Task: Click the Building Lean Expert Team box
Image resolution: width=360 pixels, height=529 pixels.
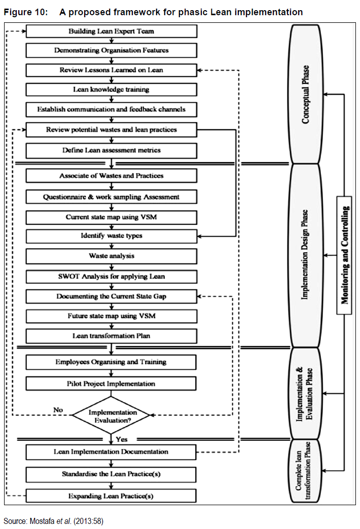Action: [x=111, y=31]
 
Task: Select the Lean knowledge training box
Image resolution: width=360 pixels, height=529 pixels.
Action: [x=111, y=90]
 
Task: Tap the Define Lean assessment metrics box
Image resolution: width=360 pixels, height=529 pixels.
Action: [x=111, y=150]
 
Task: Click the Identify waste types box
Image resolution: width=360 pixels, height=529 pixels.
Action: [x=111, y=236]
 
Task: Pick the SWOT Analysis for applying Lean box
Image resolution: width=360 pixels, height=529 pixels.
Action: [x=111, y=277]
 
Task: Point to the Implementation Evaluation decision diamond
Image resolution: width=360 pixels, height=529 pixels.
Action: [x=111, y=416]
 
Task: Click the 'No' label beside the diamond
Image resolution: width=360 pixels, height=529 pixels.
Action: [x=59, y=410]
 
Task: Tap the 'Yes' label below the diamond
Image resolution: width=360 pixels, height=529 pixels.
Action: [x=122, y=439]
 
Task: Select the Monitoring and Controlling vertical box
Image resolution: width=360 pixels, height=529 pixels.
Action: [x=345, y=254]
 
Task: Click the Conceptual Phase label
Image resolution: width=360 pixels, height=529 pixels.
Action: [x=306, y=94]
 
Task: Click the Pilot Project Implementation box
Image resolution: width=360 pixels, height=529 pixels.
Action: [x=111, y=384]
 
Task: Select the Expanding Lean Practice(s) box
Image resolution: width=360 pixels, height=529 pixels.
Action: [x=111, y=496]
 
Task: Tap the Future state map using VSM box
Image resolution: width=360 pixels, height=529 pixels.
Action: [x=111, y=316]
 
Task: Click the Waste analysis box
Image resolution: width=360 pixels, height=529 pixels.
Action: [x=111, y=256]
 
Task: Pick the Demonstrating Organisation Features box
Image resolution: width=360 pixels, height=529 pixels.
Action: [x=111, y=51]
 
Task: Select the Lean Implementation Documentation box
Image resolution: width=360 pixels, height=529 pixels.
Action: [x=111, y=452]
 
